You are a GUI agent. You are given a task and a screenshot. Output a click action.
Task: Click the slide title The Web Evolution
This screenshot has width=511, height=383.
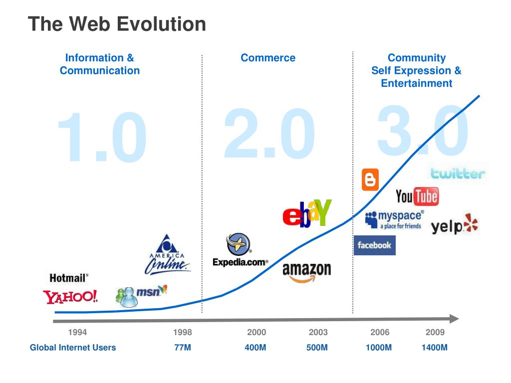pos(117,24)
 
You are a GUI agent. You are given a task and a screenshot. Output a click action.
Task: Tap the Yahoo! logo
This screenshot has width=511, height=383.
pos(70,297)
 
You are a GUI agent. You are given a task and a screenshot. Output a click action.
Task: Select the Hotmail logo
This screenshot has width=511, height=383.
pos(69,278)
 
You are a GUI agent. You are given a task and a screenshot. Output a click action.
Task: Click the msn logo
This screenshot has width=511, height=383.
pos(141,295)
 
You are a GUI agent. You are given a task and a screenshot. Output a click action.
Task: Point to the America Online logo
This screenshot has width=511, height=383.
pos(168,255)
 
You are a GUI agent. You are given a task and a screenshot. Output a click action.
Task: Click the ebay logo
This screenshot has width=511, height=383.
pos(306,213)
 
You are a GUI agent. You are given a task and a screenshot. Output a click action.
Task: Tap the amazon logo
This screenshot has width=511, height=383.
pos(306,272)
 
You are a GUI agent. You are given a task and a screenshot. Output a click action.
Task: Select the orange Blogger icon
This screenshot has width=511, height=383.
pos(370,180)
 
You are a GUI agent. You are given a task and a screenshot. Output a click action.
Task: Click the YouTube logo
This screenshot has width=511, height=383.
pos(417,196)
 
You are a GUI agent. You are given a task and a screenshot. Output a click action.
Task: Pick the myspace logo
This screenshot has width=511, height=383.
pos(394,219)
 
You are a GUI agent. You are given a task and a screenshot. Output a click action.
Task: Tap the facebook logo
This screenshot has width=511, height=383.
pos(374,245)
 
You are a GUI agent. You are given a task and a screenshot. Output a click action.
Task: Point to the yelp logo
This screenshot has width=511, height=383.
pos(455,225)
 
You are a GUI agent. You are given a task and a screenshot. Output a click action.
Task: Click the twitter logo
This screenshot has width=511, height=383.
pos(458,174)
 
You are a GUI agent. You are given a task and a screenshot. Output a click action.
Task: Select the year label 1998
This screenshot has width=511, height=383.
pos(182,332)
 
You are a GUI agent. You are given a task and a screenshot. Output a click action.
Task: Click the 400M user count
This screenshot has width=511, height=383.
pos(255,348)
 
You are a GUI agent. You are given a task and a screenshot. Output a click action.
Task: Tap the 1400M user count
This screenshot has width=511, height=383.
pos(434,348)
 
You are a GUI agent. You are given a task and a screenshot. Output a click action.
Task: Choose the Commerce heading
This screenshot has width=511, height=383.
pos(268,58)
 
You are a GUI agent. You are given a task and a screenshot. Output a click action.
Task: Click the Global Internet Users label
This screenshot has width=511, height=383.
pos(73,348)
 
